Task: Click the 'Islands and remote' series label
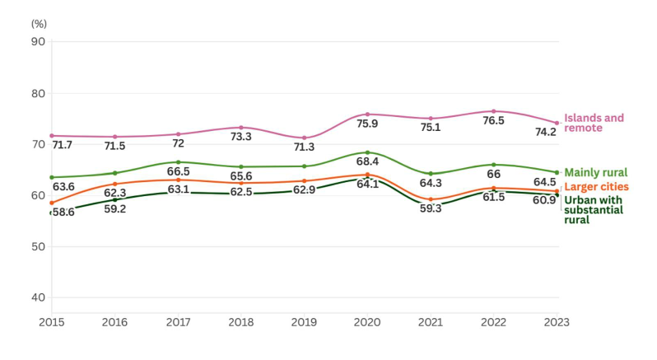coord(594,123)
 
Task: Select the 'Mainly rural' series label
coord(595,173)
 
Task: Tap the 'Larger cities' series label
coord(596,188)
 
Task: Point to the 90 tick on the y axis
coord(38,42)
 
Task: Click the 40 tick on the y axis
coord(38,297)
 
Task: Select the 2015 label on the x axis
coord(51,322)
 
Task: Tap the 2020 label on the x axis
coord(367,322)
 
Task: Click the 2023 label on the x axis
coord(557,322)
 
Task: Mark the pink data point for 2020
coord(367,115)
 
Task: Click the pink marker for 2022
coord(494,111)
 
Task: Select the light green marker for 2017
coord(178,162)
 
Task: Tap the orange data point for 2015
coord(51,203)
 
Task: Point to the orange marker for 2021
coord(431,199)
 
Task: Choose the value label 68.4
coord(367,161)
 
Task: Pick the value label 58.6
coord(63,213)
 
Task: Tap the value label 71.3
coord(304,147)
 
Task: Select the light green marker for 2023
coord(557,172)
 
